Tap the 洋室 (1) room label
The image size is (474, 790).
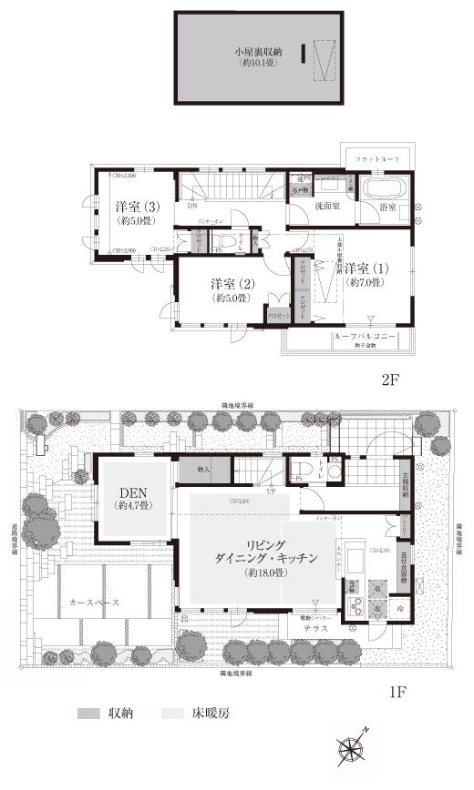pos(366,268)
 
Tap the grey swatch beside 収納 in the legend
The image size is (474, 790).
pos(88,714)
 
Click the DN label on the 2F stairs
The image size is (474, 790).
pos(192,206)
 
